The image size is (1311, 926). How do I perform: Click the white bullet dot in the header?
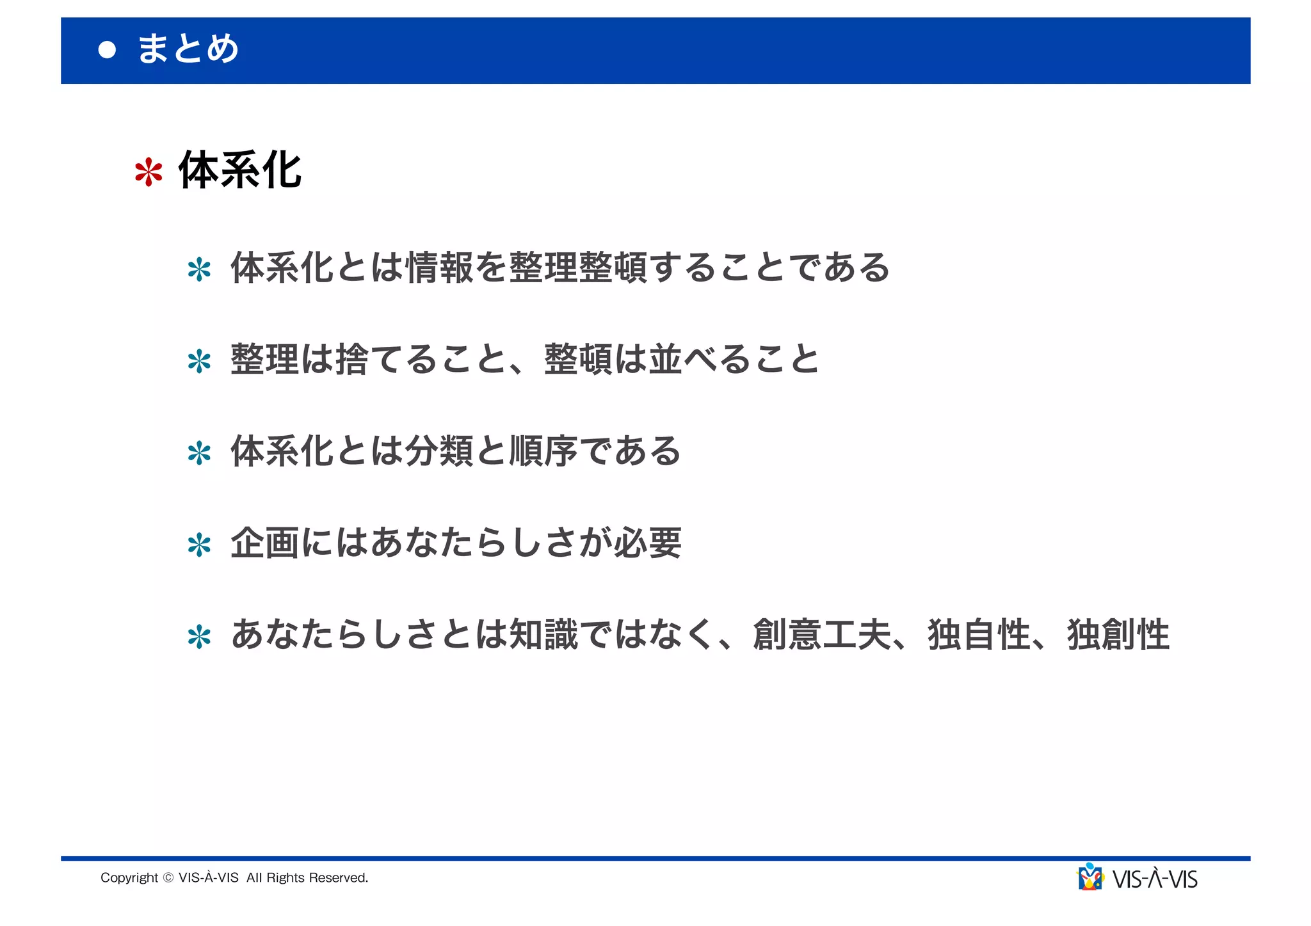(107, 50)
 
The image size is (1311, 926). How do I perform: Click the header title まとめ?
(188, 49)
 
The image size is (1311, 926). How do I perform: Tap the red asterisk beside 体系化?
(149, 172)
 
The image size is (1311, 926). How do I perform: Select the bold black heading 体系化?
(239, 170)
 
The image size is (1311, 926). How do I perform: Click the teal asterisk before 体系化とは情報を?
(199, 269)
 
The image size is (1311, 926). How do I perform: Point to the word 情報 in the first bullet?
(438, 267)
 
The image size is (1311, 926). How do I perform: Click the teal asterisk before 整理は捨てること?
(199, 362)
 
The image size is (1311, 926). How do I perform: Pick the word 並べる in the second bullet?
(699, 359)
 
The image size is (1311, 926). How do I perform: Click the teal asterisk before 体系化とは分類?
(199, 453)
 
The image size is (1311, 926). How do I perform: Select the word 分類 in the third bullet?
(438, 451)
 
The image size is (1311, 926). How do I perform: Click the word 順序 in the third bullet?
(543, 451)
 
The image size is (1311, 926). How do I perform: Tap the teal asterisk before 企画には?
(199, 545)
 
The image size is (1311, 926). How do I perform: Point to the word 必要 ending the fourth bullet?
(647, 543)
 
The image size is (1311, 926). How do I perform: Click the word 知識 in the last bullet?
(543, 635)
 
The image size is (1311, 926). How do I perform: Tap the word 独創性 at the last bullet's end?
(1118, 635)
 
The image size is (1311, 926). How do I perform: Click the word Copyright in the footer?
(129, 878)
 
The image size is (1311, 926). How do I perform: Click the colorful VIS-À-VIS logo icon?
(1090, 877)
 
